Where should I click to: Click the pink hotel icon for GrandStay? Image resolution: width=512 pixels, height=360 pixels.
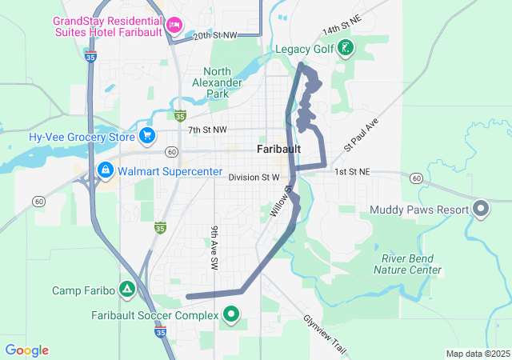pyautogui.click(x=173, y=26)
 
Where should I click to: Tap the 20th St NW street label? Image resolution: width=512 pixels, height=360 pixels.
pyautogui.click(x=215, y=35)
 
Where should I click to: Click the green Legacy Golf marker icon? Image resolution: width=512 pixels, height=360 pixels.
pyautogui.click(x=345, y=49)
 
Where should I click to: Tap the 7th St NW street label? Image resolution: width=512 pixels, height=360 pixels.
pyautogui.click(x=207, y=130)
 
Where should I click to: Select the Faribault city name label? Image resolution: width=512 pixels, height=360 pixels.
pyautogui.click(x=278, y=150)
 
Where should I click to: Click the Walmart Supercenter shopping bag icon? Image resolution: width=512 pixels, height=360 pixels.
pyautogui.click(x=106, y=170)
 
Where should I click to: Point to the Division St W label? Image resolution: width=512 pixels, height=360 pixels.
pyautogui.click(x=254, y=178)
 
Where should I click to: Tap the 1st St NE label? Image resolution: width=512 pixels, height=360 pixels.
pyautogui.click(x=352, y=172)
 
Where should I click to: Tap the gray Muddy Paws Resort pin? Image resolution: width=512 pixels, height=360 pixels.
pyautogui.click(x=481, y=210)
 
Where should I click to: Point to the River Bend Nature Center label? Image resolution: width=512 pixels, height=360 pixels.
pyautogui.click(x=407, y=264)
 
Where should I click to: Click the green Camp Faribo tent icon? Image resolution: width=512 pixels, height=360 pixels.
pyautogui.click(x=126, y=289)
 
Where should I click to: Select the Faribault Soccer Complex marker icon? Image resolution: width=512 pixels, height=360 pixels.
pyautogui.click(x=232, y=315)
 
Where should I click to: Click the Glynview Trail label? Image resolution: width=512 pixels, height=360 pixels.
pyautogui.click(x=325, y=334)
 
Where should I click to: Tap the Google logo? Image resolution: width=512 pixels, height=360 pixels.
pyautogui.click(x=26, y=350)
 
